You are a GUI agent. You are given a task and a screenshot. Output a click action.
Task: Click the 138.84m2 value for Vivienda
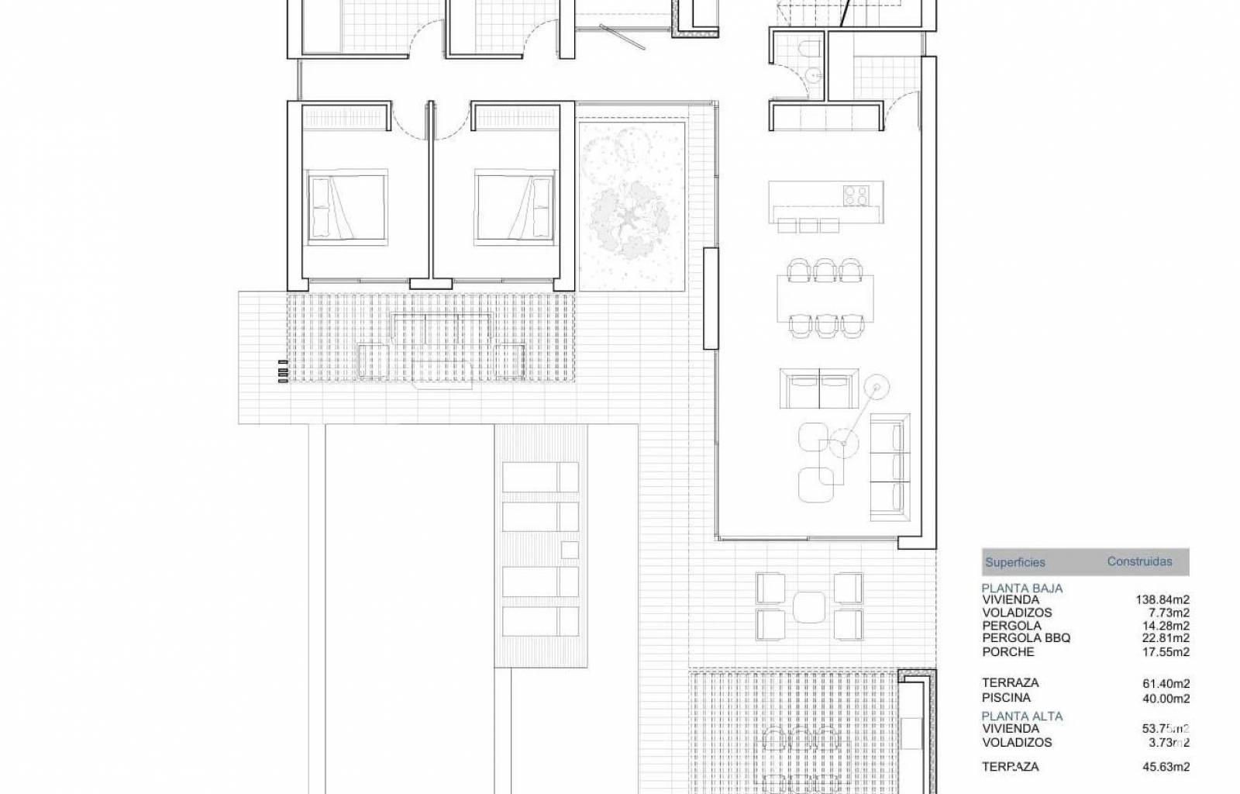tap(1162, 599)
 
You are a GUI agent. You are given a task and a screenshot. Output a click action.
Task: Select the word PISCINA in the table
tap(1007, 698)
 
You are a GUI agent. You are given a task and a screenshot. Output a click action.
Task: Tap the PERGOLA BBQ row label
tap(1026, 638)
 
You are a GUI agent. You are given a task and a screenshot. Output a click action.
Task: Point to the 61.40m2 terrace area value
tap(1166, 684)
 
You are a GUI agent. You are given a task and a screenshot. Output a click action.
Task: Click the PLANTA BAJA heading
tap(1022, 588)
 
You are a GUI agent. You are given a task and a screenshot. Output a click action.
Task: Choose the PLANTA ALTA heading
tap(1022, 716)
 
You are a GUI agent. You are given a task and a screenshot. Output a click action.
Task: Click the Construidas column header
tap(1139, 561)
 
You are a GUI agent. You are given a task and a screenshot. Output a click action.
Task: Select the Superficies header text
tap(1015, 563)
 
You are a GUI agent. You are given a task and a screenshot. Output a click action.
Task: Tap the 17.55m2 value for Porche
tap(1166, 652)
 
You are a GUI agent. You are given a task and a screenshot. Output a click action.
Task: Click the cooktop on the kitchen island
tap(856, 195)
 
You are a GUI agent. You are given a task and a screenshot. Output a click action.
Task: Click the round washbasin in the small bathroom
tap(813, 74)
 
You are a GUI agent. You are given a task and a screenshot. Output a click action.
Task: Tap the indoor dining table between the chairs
tap(825, 299)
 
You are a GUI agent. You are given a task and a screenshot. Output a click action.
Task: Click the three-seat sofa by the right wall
tap(890, 468)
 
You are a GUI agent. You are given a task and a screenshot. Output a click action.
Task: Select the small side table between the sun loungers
tap(570, 550)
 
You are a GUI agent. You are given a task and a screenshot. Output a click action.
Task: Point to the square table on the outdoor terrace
tap(809, 607)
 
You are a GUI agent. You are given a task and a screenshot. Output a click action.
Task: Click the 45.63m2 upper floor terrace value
tap(1166, 767)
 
